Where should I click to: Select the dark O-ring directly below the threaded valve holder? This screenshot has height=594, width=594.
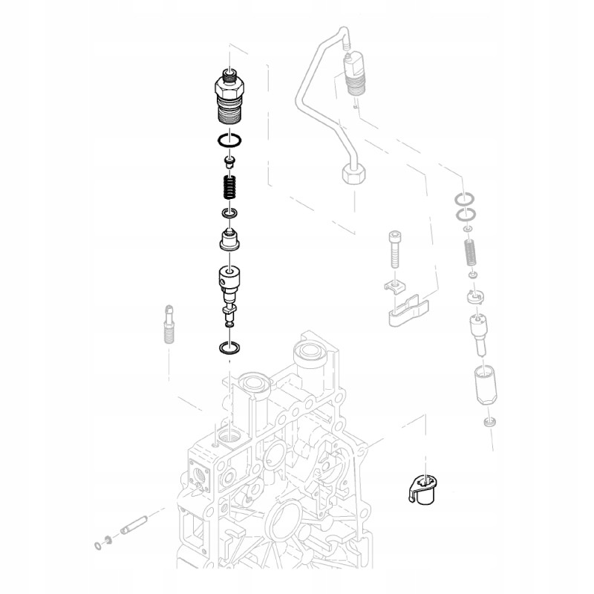point(229,140)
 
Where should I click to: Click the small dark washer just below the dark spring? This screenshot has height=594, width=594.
point(229,215)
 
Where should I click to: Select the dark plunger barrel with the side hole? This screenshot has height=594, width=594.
point(229,281)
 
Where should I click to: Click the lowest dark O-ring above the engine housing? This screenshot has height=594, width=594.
point(229,347)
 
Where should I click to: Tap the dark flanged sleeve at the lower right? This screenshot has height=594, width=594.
point(422,490)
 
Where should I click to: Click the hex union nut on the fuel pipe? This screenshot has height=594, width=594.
point(354,175)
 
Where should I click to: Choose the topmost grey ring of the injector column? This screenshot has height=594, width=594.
point(466,199)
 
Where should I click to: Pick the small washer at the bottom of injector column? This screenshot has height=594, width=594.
point(488,422)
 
